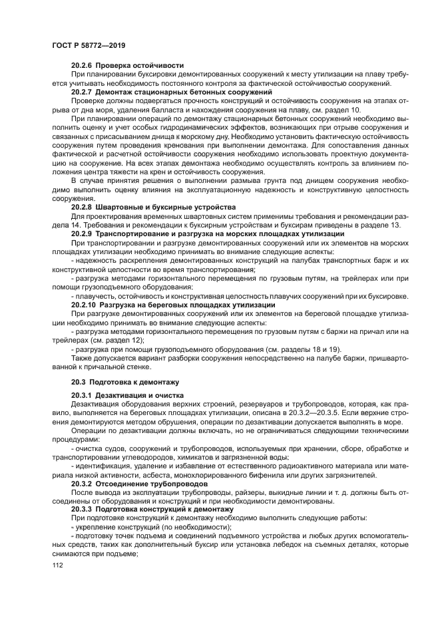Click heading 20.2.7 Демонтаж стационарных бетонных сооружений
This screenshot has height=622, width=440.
coord(172,91)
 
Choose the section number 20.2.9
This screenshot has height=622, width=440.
coord(83,233)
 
